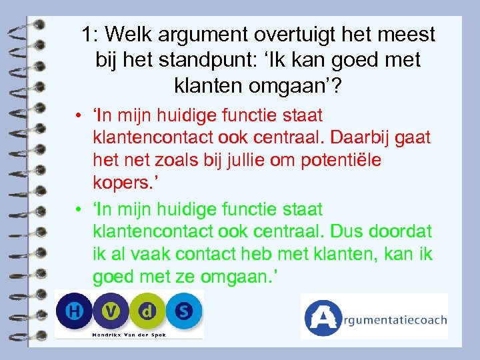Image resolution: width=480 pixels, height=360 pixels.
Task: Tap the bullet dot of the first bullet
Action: click(79, 116)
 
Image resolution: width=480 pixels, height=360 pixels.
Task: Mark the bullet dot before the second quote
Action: click(79, 209)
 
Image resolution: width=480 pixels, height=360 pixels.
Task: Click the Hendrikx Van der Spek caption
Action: click(129, 334)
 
